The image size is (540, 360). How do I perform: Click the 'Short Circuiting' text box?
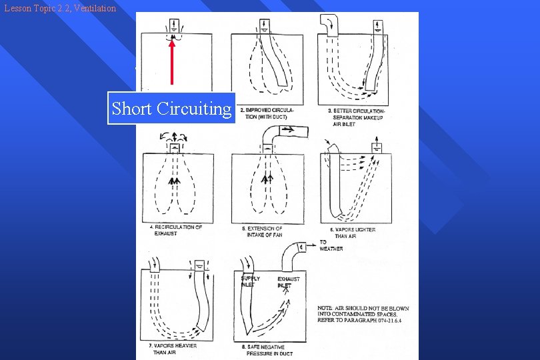tap(171, 108)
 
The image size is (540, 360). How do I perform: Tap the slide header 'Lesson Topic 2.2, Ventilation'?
tap(59, 8)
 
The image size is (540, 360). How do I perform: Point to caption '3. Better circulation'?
tap(357, 117)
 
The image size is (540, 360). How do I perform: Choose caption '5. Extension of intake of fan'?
tap(265, 232)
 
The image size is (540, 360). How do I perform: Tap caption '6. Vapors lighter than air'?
tap(354, 233)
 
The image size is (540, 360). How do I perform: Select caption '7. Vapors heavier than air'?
tap(177, 349)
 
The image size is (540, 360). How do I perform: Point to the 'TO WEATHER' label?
tap(331, 245)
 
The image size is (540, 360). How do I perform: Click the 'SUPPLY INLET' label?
tap(250, 281)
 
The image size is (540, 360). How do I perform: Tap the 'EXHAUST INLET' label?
tap(288, 282)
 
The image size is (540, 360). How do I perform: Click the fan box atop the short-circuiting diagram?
tap(175, 26)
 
